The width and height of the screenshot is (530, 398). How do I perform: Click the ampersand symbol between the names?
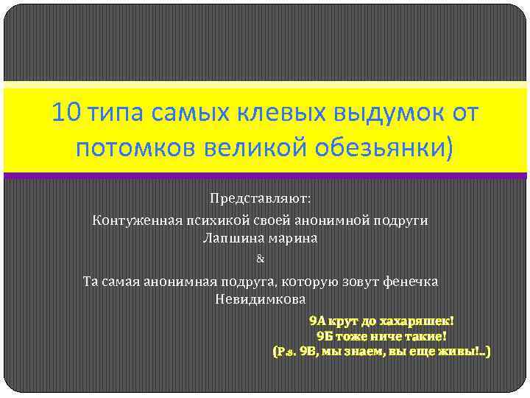[259, 259]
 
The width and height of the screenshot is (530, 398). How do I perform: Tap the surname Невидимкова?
[259, 300]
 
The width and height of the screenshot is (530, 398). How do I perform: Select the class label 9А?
[318, 321]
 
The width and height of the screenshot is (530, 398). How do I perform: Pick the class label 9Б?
[325, 336]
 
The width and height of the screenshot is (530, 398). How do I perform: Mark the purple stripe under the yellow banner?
[265, 175]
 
